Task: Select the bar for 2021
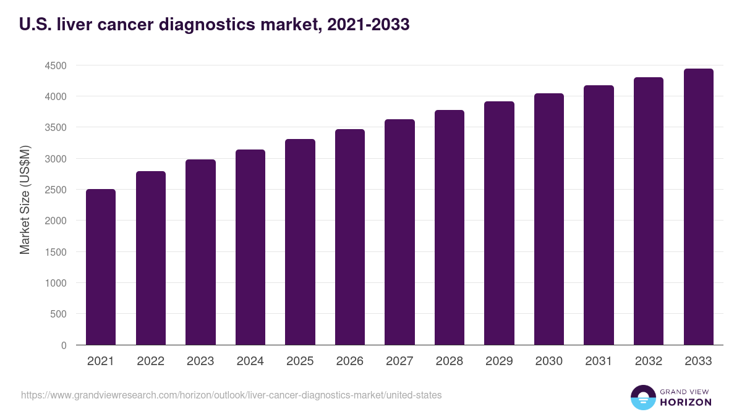click(x=101, y=267)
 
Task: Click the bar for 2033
click(x=698, y=207)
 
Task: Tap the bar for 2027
click(x=399, y=232)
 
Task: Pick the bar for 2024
click(x=250, y=247)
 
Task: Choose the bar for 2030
click(x=549, y=219)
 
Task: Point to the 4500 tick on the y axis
click(x=54, y=65)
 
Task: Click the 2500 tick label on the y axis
click(x=54, y=190)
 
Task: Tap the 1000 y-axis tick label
click(x=54, y=283)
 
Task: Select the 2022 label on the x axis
click(x=151, y=361)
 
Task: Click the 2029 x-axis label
click(x=499, y=361)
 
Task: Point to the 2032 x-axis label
click(x=649, y=361)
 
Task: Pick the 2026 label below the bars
click(x=350, y=361)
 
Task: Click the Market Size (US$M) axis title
click(x=25, y=200)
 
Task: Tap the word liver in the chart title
click(x=74, y=25)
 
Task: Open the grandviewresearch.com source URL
click(x=231, y=395)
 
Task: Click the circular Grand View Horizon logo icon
click(x=643, y=397)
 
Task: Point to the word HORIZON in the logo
click(x=686, y=402)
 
